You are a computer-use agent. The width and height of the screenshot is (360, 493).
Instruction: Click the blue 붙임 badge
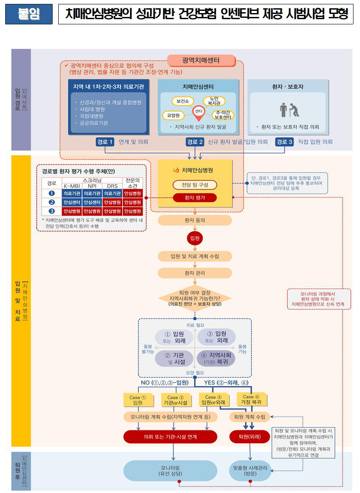pos(29,14)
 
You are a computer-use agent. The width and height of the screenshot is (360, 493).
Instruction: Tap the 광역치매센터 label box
pos(201,60)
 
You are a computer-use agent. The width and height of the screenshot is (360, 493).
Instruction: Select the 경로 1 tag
pos(105,142)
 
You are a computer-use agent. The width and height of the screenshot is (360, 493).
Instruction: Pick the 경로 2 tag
pos(195,142)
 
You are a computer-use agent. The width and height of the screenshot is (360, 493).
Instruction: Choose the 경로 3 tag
pos(284,142)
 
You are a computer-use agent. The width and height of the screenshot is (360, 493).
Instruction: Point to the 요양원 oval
pos(173,116)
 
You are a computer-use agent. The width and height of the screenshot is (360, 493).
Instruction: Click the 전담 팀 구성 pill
pos(195,185)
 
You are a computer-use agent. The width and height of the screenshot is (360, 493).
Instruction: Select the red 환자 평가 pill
pos(195,198)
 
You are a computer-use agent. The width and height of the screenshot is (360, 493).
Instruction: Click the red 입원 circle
pos(195,238)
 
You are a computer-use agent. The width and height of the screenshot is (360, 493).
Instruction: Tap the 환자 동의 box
pos(195,221)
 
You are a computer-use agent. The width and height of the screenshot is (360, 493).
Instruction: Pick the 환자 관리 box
pos(195,273)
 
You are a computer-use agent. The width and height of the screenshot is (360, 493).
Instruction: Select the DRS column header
pos(112,186)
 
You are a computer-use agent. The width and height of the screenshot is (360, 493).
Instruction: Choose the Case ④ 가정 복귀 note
pos(251,399)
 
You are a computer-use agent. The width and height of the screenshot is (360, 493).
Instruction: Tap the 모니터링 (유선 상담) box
pos(170,470)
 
